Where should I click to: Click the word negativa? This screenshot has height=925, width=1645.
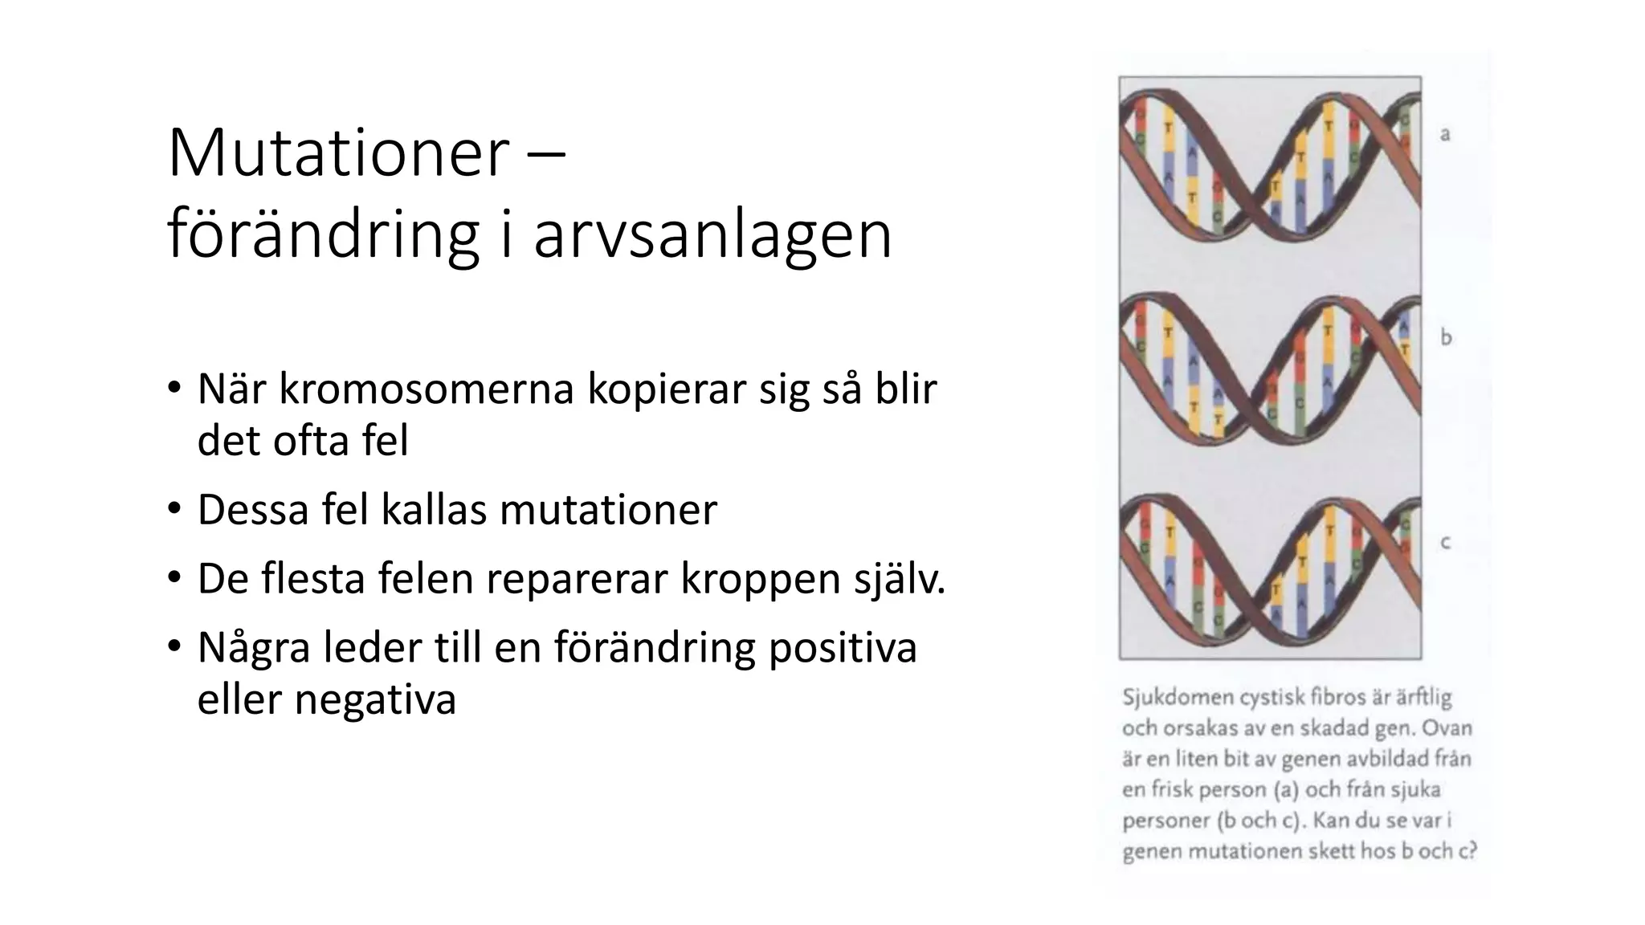point(374,699)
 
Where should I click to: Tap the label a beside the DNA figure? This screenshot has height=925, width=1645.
point(1445,134)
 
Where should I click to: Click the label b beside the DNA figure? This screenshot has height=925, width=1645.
point(1446,336)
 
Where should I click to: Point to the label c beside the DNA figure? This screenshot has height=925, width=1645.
point(1445,543)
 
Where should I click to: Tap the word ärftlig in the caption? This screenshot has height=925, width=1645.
point(1423,697)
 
